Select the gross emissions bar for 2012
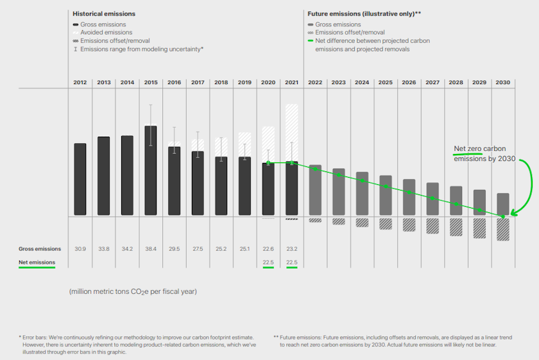80,179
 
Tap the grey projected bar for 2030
503,204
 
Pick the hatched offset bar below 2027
432,226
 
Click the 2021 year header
291,83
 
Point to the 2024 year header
362,83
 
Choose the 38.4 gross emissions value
151,249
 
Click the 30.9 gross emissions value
80,249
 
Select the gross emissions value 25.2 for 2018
221,249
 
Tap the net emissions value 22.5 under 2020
268,262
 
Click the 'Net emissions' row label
37,262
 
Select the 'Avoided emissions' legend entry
106,32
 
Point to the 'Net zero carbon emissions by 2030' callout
479,153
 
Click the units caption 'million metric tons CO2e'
133,292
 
